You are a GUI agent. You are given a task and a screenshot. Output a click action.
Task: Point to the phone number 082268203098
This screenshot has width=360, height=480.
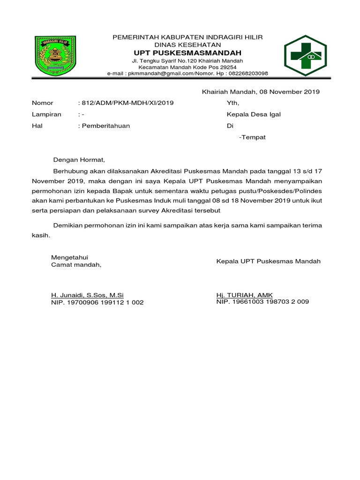click(249, 74)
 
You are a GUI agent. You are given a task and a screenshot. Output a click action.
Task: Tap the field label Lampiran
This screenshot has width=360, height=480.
click(46, 114)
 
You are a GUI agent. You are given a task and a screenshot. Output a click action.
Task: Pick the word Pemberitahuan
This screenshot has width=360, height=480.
click(105, 126)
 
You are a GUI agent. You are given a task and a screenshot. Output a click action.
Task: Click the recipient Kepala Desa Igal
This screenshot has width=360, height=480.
click(254, 114)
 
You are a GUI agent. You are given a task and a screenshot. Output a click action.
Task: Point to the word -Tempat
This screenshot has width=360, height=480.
click(252, 137)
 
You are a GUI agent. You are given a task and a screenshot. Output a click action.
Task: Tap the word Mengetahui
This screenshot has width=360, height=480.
click(70, 257)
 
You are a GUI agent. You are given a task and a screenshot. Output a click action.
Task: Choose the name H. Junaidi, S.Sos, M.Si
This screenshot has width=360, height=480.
click(87, 295)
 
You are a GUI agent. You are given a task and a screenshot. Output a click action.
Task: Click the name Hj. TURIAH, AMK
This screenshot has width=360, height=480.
click(244, 295)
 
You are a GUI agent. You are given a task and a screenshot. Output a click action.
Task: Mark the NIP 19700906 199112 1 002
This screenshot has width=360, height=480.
click(97, 302)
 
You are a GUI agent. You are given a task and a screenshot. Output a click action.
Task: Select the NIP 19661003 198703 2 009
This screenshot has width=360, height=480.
click(262, 302)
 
